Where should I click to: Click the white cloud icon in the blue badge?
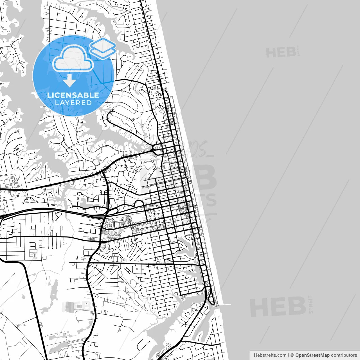(73, 59)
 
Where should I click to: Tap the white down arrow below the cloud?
(69, 80)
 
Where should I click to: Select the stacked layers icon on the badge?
(103, 48)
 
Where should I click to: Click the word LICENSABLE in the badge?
(73, 95)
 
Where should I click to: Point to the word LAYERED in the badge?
(73, 103)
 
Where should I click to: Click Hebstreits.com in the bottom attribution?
(270, 355)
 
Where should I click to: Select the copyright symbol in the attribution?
(292, 355)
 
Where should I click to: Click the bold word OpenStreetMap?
(312, 355)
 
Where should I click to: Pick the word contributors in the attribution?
(344, 355)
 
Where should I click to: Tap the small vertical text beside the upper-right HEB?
(298, 52)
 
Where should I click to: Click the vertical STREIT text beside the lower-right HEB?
(310, 304)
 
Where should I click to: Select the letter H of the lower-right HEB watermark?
(258, 307)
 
